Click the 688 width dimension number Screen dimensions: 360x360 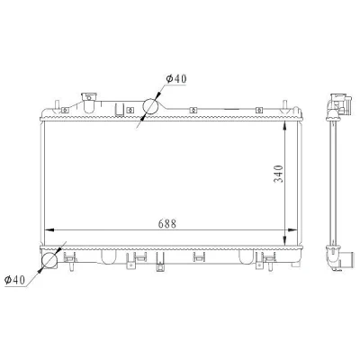tap(167, 224)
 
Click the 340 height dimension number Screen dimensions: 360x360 tap(278, 174)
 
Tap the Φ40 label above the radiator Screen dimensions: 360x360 tap(176, 78)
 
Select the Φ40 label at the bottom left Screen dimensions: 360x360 tap(14, 280)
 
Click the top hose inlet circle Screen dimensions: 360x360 tap(150, 105)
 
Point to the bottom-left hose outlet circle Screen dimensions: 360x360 tap(49, 260)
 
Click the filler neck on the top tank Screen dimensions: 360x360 tap(89, 103)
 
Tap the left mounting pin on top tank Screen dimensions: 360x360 tap(57, 105)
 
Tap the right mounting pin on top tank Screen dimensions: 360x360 tap(284, 106)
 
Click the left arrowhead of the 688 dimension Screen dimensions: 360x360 tap(49, 230)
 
